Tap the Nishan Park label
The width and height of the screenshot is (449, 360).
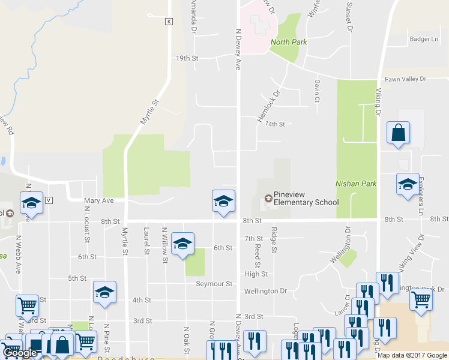pyautogui.click(x=356, y=184)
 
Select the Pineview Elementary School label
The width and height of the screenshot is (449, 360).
pyautogui.click(x=306, y=199)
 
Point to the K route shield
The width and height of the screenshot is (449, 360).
pyautogui.click(x=169, y=22)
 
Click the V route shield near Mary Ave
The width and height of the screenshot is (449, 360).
pyautogui.click(x=49, y=200)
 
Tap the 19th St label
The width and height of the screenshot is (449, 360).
pyautogui.click(x=187, y=58)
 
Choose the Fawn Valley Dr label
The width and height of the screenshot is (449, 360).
pyautogui.click(x=405, y=79)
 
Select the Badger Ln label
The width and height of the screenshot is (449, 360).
pyautogui.click(x=424, y=39)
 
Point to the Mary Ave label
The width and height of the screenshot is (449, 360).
pyautogui.click(x=98, y=201)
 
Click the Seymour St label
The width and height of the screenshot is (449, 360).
pyautogui.click(x=217, y=283)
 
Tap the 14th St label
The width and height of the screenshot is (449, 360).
pyautogui.click(x=274, y=124)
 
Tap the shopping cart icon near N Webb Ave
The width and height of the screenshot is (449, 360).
pyautogui.click(x=28, y=305)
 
